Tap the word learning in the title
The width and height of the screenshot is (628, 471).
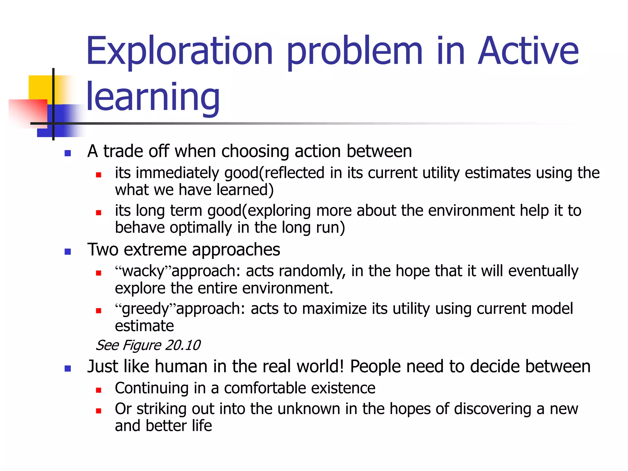click(153, 98)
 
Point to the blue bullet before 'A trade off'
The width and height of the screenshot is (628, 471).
click(68, 153)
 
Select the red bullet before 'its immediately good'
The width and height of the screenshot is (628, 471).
click(98, 175)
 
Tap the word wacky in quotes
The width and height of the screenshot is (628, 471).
click(143, 271)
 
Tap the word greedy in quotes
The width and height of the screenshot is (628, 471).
click(146, 309)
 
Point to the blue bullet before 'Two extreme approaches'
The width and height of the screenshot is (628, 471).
click(68, 252)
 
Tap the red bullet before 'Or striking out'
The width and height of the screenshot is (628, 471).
click(98, 411)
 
